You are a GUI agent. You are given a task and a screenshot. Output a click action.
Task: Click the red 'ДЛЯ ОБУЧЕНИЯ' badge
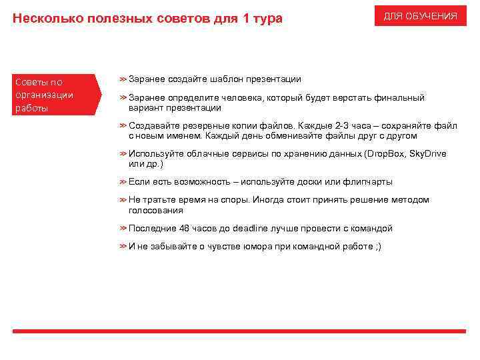[421, 16]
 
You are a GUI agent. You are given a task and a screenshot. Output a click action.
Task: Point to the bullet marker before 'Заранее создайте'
[123, 79]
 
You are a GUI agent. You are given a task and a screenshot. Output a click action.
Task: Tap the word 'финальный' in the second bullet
[403, 97]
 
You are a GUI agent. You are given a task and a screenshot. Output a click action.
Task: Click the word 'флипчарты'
[368, 181]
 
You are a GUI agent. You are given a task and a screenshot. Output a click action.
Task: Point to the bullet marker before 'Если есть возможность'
[123, 181]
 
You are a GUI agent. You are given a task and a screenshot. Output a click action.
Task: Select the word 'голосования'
[155, 210]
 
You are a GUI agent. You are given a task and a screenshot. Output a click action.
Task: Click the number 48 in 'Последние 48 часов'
[184, 228]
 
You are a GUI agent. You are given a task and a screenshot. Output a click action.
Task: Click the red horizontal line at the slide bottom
[239, 331]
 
